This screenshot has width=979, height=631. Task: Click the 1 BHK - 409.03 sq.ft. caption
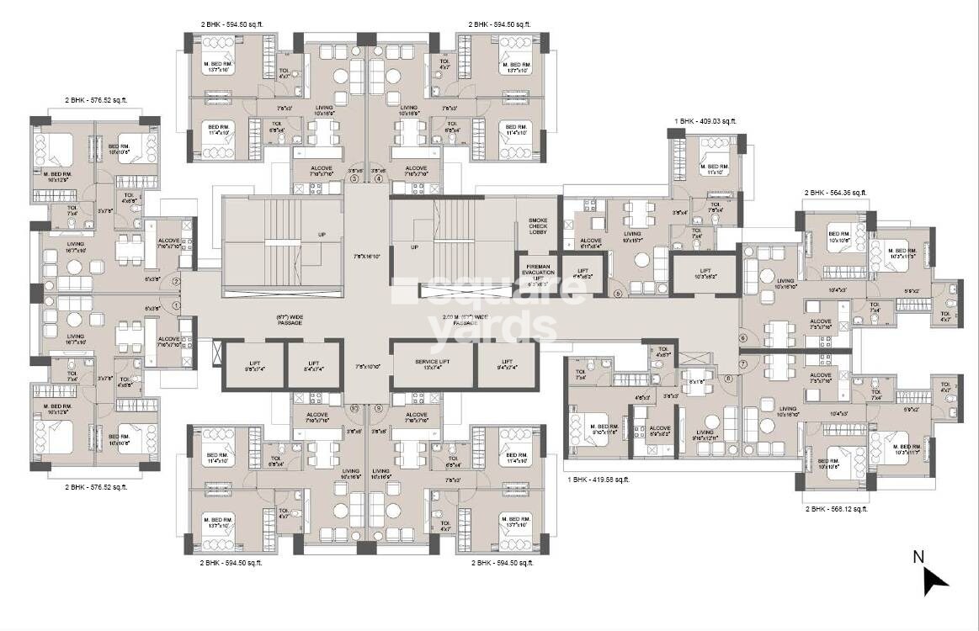[x=705, y=121]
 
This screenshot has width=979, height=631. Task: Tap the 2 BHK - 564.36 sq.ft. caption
[x=835, y=193]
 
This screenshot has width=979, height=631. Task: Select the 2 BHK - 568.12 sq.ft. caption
[x=836, y=508]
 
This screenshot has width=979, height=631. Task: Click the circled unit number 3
[x=354, y=178]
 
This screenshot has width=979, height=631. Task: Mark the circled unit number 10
[x=354, y=408]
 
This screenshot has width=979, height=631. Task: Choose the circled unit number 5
[x=617, y=294]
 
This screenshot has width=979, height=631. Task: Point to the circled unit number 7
[x=743, y=363]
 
